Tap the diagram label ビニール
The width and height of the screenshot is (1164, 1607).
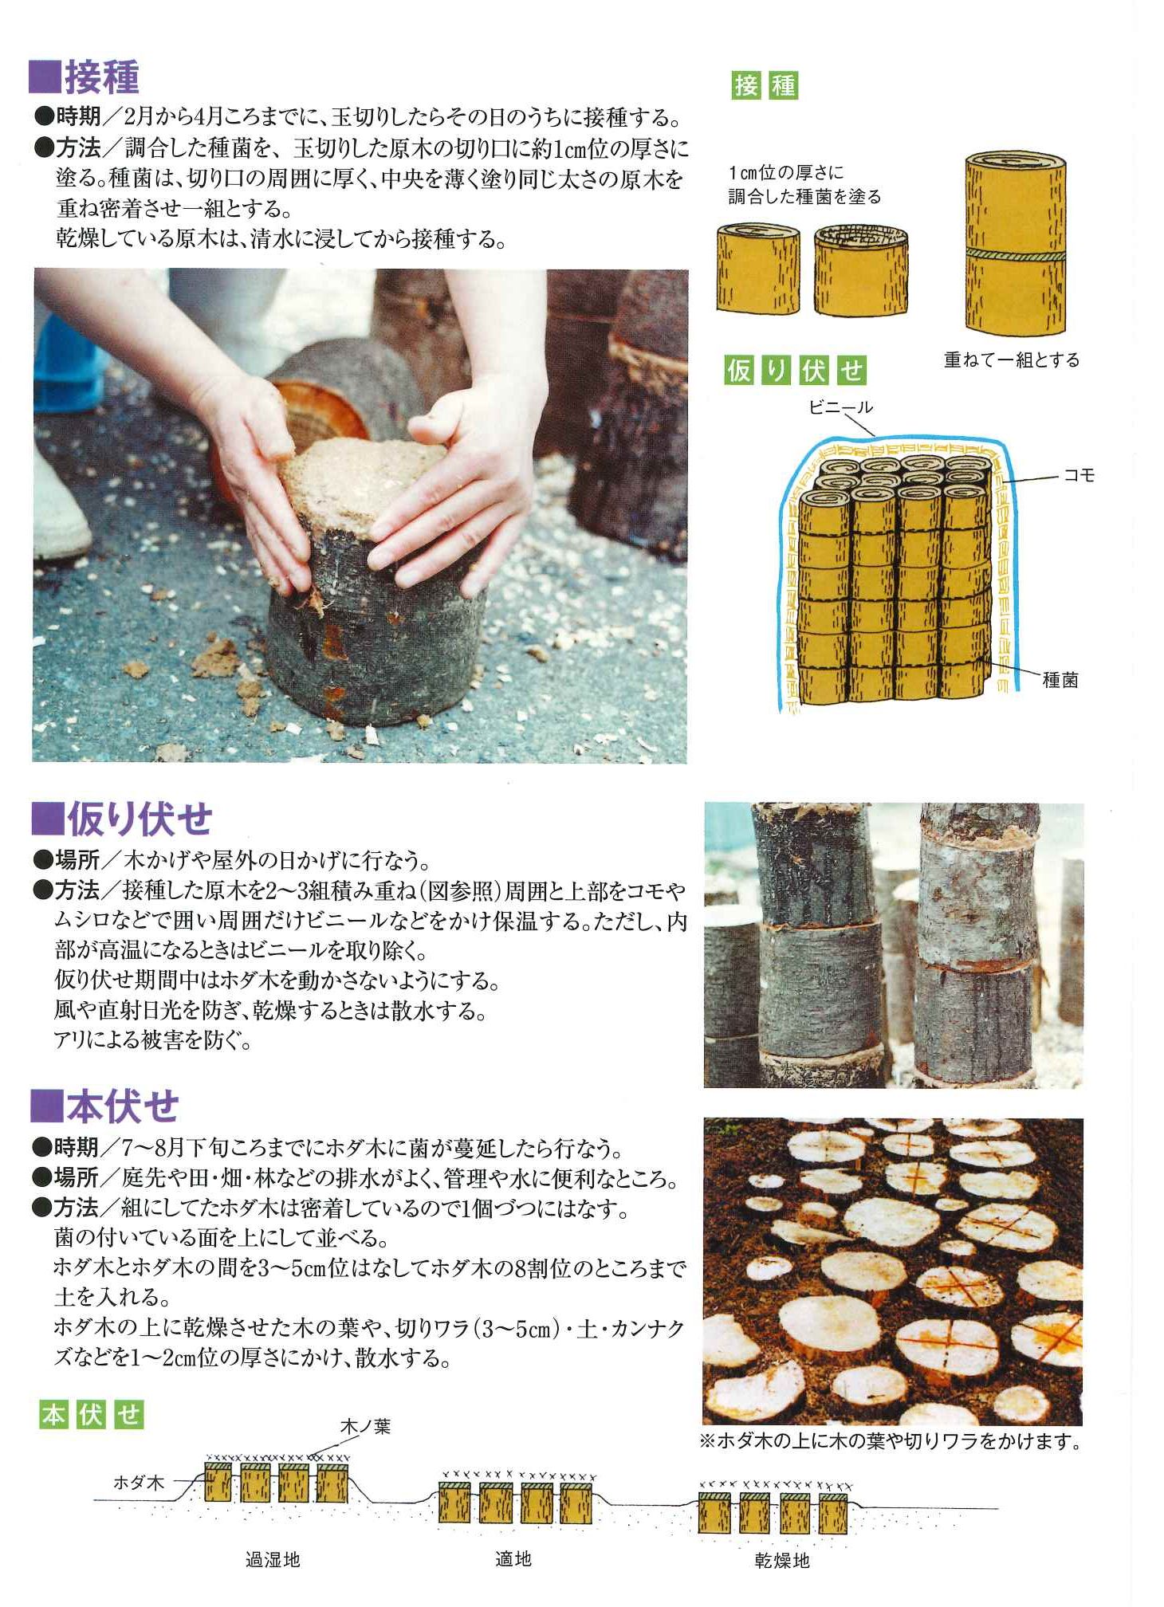point(840,407)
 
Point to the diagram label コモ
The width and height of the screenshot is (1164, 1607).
point(1079,475)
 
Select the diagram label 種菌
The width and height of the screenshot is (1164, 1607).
point(1060,680)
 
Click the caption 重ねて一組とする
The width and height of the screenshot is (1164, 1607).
point(1011,360)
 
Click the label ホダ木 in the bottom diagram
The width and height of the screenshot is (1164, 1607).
point(139,1483)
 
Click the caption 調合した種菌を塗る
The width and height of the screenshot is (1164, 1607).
point(804,196)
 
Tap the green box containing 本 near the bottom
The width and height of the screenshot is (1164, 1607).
point(53,1415)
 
